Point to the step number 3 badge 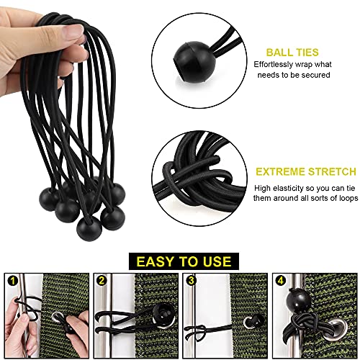[x=191, y=280]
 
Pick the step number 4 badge [x=279, y=280]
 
